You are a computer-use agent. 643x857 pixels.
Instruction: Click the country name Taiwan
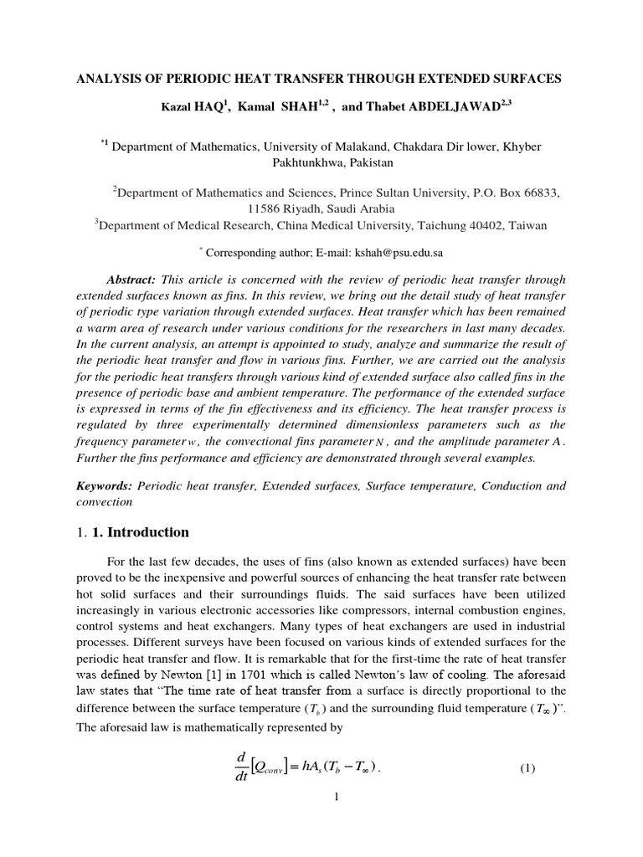pyautogui.click(x=527, y=224)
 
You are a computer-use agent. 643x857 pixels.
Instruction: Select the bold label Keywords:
pyautogui.click(x=105, y=485)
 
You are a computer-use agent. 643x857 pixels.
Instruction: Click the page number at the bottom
pyautogui.click(x=335, y=796)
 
